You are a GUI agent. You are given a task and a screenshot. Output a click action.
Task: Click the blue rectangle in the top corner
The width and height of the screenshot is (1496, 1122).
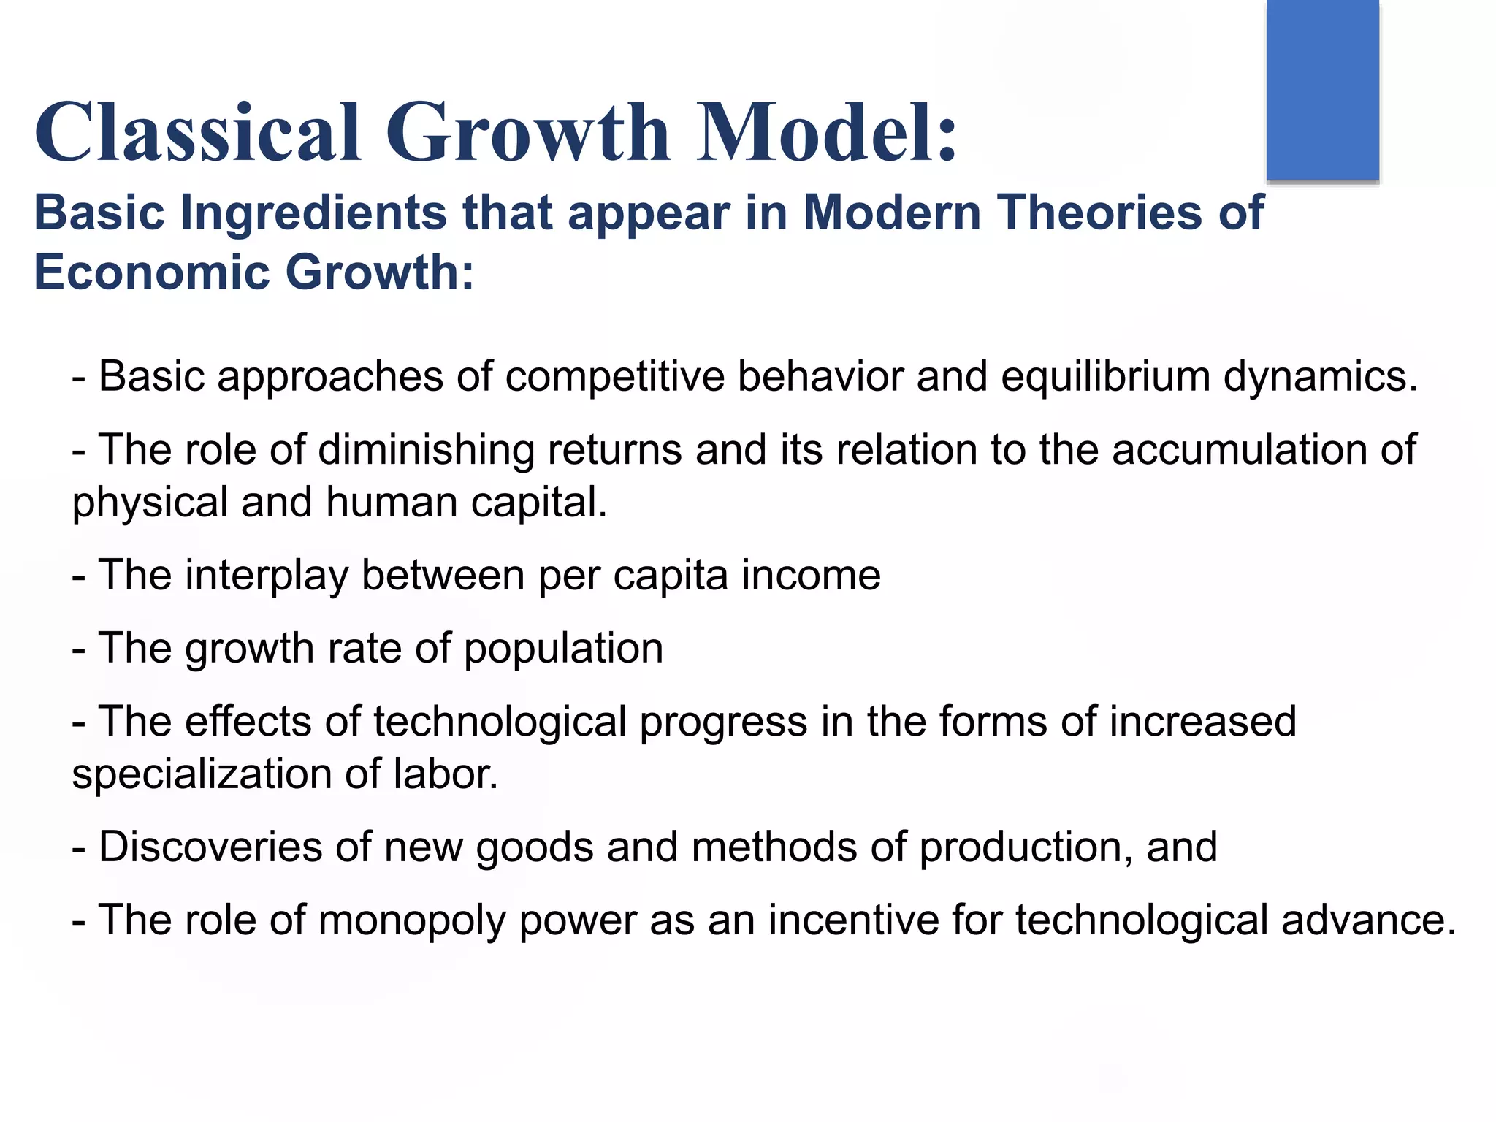tap(1322, 89)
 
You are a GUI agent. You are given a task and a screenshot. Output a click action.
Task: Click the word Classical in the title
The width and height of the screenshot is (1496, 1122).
tap(197, 133)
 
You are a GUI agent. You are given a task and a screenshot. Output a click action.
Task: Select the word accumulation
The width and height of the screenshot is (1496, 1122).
tap(1239, 450)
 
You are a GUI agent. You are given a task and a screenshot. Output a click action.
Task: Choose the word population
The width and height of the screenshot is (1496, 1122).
tap(563, 649)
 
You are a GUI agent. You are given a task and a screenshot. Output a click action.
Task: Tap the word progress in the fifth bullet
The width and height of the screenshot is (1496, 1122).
tap(723, 722)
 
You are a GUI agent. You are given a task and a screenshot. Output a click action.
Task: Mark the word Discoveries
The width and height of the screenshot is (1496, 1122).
tap(210, 847)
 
